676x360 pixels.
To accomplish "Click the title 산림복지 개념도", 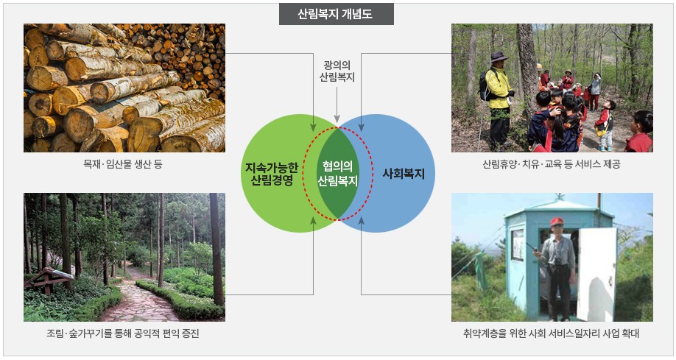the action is click(335, 14).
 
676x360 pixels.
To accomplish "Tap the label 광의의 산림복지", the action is click(337, 71).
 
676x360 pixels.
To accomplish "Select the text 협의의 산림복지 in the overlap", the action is click(337, 174).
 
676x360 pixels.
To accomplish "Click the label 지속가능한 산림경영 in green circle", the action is click(272, 174).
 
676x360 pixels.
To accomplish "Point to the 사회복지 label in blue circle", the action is click(404, 174).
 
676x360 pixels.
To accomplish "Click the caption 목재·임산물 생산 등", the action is click(123, 164).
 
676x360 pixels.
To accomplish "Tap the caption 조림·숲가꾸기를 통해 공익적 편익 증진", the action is click(123, 333).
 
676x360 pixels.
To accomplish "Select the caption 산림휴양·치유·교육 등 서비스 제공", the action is click(552, 164).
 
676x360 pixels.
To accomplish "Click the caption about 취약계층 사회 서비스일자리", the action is click(552, 333).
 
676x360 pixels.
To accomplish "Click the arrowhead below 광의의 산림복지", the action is click(337, 119).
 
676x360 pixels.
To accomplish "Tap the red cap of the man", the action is click(556, 222).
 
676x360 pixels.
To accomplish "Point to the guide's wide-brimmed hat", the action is click(499, 57).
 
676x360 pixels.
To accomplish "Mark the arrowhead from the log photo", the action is click(314, 127).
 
